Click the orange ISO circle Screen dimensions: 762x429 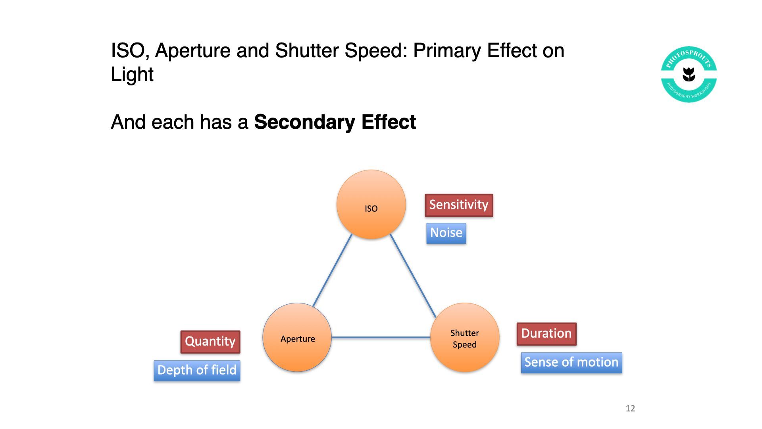[x=371, y=205]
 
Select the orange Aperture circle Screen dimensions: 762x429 [x=297, y=337]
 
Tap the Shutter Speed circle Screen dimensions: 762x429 [x=465, y=337]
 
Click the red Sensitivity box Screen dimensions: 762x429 [x=459, y=205]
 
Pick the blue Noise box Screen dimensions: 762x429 [x=446, y=233]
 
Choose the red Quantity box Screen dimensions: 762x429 [x=210, y=342]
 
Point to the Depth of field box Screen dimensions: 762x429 [x=197, y=371]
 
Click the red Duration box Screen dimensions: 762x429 [x=546, y=334]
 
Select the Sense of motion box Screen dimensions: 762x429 [x=571, y=363]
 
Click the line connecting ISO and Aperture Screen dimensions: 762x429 [x=333, y=271]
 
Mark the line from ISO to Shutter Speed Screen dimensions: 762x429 [x=413, y=276]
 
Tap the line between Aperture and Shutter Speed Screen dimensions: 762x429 [x=381, y=337]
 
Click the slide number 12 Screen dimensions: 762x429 [x=630, y=408]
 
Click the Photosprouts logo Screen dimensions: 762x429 [x=689, y=74]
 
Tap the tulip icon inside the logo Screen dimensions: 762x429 [x=689, y=74]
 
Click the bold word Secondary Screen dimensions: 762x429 [x=305, y=122]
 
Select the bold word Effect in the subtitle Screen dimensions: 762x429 [x=389, y=122]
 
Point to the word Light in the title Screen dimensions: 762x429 [x=132, y=74]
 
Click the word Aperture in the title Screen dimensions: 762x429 [x=193, y=51]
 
